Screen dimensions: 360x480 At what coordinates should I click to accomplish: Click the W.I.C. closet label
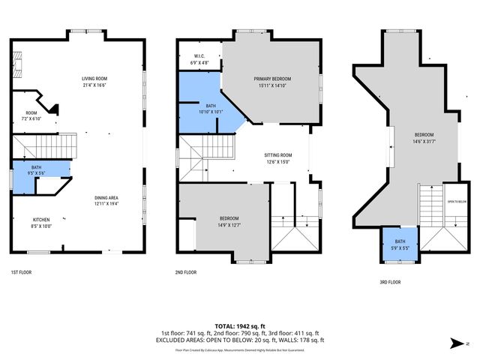tap(199, 59)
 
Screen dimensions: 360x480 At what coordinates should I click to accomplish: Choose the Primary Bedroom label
tap(272, 82)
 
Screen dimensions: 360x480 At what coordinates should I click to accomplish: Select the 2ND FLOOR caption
tap(185, 272)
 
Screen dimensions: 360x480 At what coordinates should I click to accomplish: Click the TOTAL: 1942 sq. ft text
tap(240, 326)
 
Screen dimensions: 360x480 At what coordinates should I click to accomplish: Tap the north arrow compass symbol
tap(454, 344)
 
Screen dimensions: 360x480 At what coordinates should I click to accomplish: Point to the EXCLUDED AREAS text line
tap(240, 339)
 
